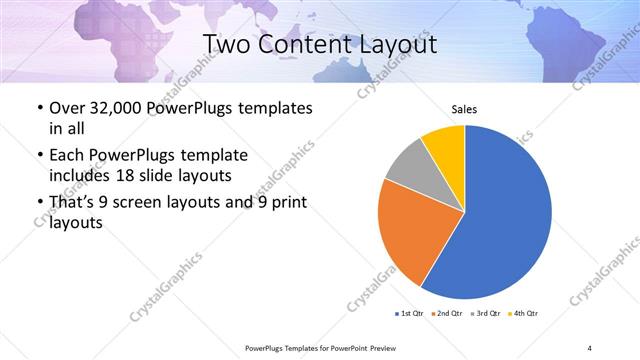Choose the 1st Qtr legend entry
(410, 315)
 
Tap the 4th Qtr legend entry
(524, 315)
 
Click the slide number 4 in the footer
(590, 347)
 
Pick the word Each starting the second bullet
(66, 155)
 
